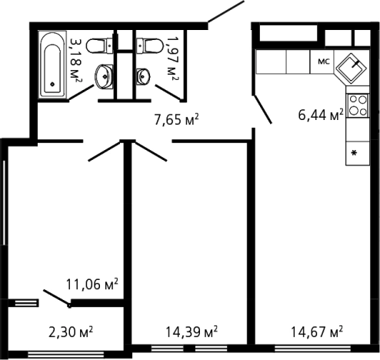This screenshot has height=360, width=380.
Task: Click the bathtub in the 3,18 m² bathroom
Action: point(52,64)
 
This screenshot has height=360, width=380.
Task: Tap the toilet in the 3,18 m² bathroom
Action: point(99,46)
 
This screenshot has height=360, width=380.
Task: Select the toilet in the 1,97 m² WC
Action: point(149,46)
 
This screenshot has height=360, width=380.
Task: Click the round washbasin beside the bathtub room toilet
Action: point(104,76)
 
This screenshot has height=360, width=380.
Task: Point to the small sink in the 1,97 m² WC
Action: point(142,76)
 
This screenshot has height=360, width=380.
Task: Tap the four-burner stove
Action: point(358,105)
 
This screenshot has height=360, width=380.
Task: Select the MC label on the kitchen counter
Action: point(324,62)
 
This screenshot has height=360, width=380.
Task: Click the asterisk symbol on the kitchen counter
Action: point(354,153)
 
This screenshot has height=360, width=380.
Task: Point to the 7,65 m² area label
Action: point(176,119)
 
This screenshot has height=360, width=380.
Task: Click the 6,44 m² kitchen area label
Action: point(321,115)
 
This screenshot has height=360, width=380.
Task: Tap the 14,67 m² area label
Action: point(317,332)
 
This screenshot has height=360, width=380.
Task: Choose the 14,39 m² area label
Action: point(192,332)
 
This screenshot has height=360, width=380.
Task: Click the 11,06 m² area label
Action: point(92,284)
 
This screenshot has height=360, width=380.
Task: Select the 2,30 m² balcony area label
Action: point(71,332)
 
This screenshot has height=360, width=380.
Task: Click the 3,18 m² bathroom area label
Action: point(75,60)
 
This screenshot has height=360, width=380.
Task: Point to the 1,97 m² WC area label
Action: point(172,58)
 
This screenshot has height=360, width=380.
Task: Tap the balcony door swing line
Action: point(56,298)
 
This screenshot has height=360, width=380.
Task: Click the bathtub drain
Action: point(52,84)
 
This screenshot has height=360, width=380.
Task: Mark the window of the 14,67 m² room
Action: point(312,348)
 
